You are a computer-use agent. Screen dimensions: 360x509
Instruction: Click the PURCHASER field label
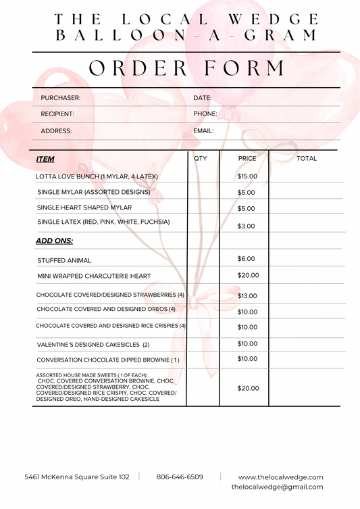(x=61, y=98)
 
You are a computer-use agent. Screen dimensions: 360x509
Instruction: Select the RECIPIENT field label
(x=57, y=114)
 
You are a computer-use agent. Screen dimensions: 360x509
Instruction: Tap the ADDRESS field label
(x=56, y=131)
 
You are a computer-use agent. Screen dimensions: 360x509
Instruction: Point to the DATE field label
(x=203, y=98)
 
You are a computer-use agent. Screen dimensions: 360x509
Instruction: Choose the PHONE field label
(x=205, y=114)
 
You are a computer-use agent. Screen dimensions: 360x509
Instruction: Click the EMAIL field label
(x=203, y=131)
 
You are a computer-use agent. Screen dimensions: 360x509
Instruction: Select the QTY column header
(x=201, y=158)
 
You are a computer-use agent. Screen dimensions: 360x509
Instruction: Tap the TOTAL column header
(x=307, y=158)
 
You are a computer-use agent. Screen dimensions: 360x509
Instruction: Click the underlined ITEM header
(x=45, y=160)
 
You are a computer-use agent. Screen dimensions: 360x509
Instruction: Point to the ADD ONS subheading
(x=54, y=241)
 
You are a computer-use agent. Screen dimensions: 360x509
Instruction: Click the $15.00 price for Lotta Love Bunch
(x=247, y=176)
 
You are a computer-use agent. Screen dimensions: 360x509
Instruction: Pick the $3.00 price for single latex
(x=247, y=226)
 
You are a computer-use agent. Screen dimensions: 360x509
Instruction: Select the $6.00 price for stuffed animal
(x=247, y=259)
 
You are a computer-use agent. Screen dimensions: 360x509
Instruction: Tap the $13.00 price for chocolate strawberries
(x=247, y=296)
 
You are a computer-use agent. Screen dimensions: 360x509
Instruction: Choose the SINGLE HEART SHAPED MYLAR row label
(x=84, y=208)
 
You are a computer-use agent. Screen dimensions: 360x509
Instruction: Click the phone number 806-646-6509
(x=179, y=477)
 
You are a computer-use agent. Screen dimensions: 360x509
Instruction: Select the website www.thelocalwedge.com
(x=280, y=477)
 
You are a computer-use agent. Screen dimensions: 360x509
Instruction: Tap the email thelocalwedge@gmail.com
(x=277, y=487)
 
